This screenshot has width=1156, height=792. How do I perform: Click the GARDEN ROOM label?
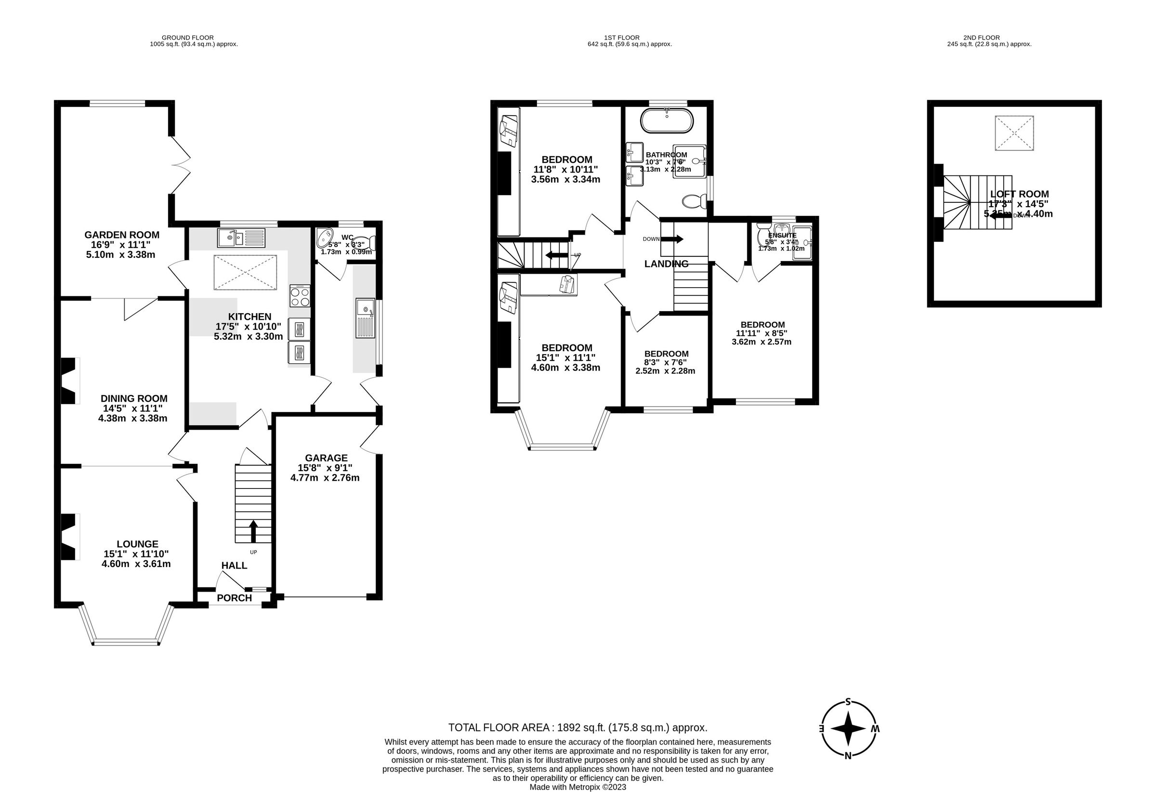(121, 235)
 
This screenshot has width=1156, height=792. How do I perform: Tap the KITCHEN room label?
(249, 317)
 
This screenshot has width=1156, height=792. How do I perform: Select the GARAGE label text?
(326, 458)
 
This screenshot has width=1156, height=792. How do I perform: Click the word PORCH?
(234, 597)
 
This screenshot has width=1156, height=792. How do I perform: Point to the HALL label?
(234, 565)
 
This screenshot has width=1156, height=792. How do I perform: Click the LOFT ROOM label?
(1019, 194)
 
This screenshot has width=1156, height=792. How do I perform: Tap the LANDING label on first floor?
(666, 264)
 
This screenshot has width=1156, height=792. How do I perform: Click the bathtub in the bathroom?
(666, 120)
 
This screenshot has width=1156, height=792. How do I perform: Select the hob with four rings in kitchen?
(300, 296)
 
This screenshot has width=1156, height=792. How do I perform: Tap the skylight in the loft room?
(1014, 133)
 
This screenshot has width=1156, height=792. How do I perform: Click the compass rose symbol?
(848, 729)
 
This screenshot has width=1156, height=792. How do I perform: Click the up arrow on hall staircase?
(253, 531)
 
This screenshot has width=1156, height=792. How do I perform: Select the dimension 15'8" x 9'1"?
(325, 468)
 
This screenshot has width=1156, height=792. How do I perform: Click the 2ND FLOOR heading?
(981, 37)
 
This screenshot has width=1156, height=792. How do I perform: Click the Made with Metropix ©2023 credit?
(578, 787)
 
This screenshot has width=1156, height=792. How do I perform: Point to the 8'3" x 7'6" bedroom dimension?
(666, 363)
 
